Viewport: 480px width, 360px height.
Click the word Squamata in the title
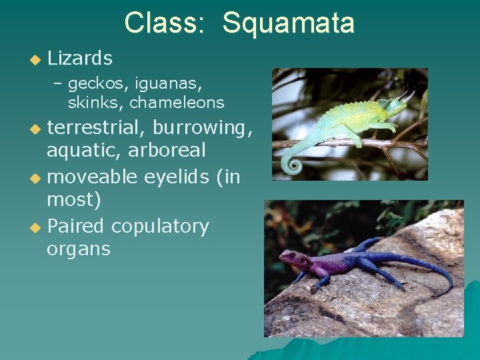(x=288, y=23)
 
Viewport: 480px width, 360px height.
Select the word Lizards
(x=80, y=59)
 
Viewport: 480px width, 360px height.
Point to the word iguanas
(x=169, y=84)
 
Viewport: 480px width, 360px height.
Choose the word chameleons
(x=177, y=103)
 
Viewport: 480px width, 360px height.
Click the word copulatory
(x=160, y=227)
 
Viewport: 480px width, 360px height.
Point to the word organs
(x=78, y=249)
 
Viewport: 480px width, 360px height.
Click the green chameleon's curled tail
(x=291, y=164)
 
